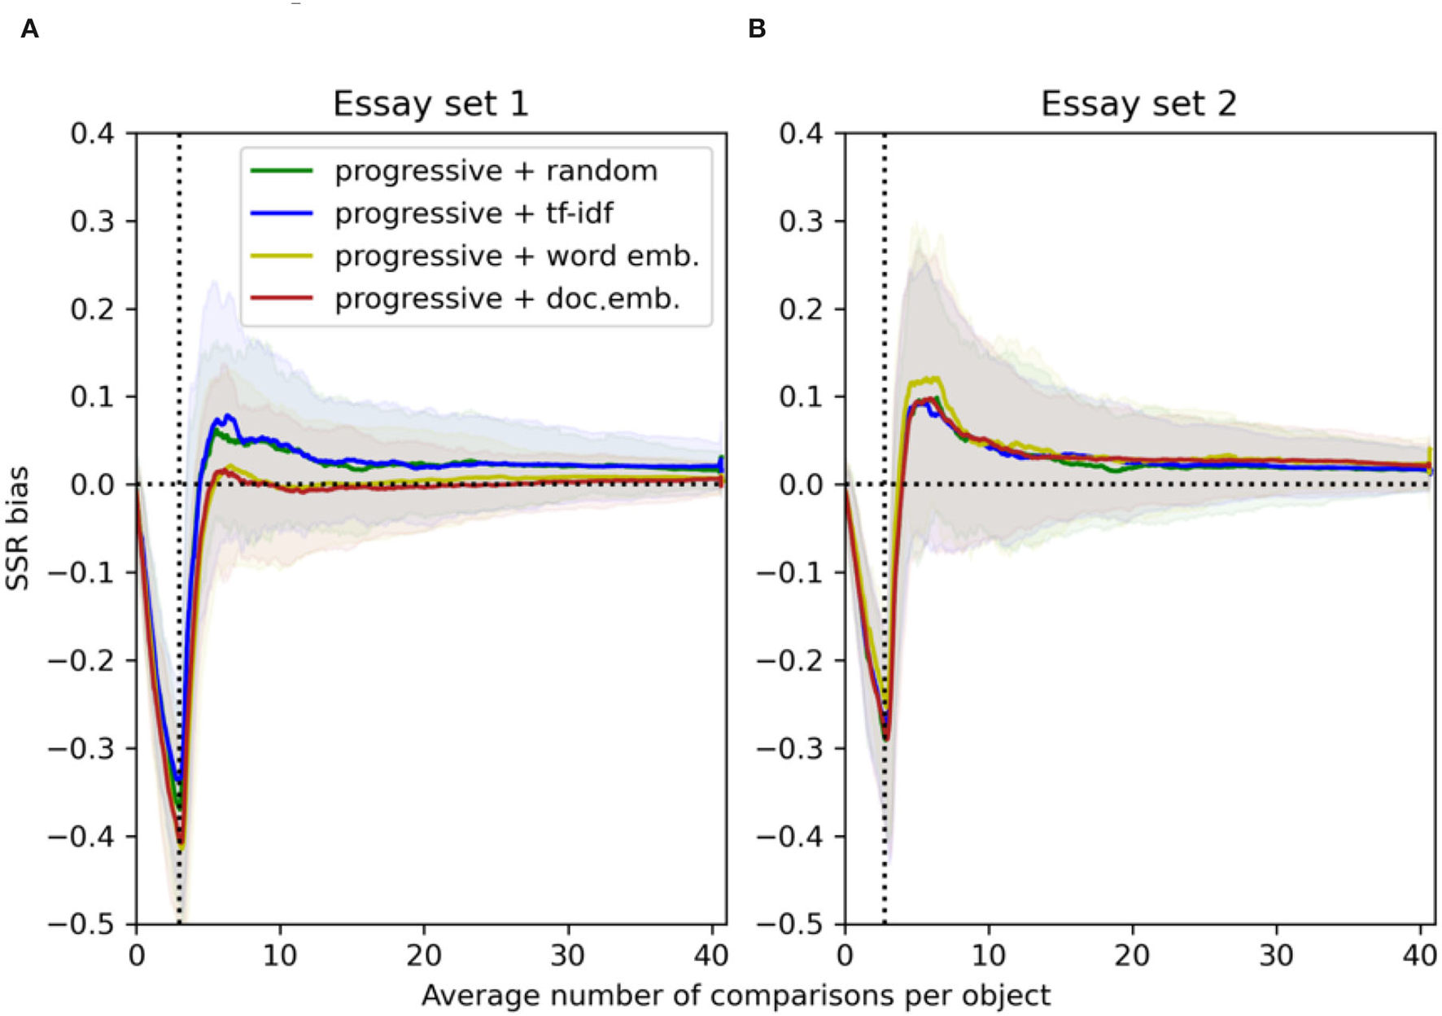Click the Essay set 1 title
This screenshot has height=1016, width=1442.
[x=430, y=104]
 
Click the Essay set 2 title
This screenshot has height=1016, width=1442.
[x=1138, y=104]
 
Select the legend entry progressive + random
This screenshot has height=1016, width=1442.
[x=496, y=171]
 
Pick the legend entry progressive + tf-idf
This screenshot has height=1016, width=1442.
[x=474, y=213]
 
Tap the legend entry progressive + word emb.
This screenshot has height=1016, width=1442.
[x=517, y=256]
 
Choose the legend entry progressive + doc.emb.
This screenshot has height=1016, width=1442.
[x=506, y=299]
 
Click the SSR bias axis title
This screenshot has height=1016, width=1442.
[x=17, y=528]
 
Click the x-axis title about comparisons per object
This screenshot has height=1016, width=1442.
[x=735, y=995]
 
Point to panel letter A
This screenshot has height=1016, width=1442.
[x=29, y=30]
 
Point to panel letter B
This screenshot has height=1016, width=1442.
[x=756, y=30]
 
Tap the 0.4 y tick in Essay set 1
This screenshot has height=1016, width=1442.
[x=92, y=133]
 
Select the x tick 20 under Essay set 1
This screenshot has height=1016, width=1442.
[x=423, y=954]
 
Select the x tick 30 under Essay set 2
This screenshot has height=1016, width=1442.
[x=1275, y=954]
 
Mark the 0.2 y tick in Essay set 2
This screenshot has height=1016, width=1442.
[x=801, y=309]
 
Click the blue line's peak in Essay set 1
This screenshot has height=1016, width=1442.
[x=229, y=417]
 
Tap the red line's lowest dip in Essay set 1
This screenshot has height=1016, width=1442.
[x=181, y=843]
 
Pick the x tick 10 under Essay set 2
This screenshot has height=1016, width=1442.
[x=988, y=954]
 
